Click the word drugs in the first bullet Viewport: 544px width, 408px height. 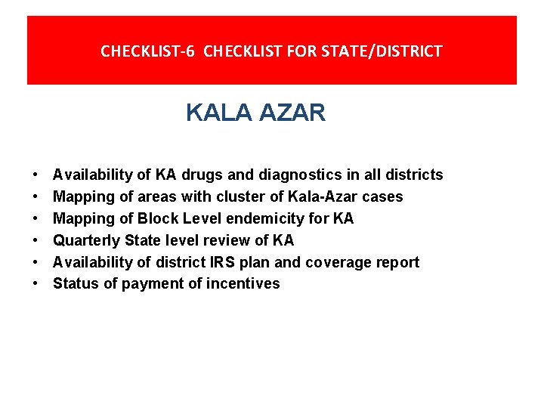click(201, 175)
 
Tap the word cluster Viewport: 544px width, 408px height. click(227, 197)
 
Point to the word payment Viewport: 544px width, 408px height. click(142, 284)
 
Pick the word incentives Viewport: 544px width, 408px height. click(243, 284)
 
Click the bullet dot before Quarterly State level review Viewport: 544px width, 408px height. click(37, 241)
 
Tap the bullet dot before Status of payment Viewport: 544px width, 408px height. click(37, 284)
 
